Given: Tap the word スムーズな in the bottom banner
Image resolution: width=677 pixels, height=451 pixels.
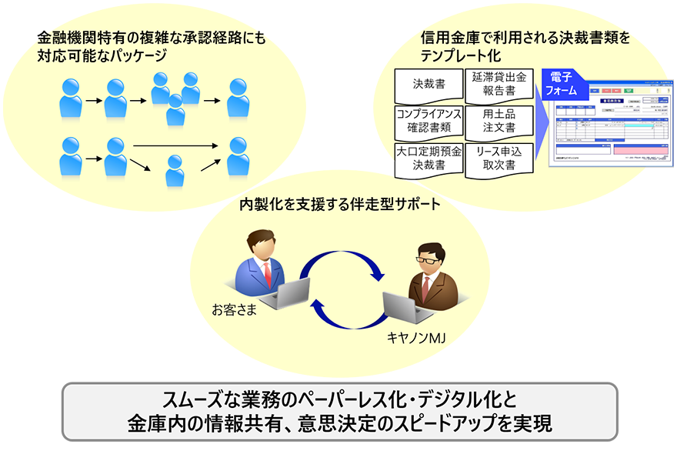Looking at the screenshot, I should (192, 400).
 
